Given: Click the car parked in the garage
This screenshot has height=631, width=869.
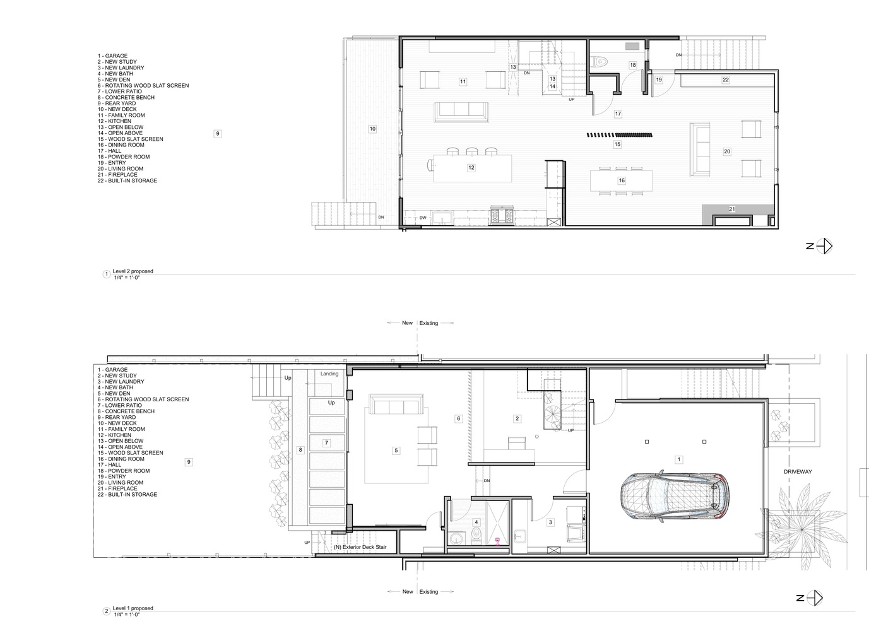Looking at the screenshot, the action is [675, 495].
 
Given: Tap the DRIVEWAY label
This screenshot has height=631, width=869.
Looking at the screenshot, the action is [798, 471].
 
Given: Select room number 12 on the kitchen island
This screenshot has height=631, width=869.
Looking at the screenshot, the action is [471, 168].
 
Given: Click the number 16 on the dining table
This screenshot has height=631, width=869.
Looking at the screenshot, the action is [622, 180].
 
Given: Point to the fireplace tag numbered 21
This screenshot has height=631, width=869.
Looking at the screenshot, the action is [731, 209].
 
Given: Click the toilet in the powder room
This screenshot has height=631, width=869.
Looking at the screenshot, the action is [600, 61].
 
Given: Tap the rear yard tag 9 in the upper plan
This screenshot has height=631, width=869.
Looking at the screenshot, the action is [218, 133].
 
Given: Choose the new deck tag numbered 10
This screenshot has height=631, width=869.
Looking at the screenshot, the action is [372, 129].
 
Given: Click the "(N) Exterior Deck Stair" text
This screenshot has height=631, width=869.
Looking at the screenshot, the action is [360, 547].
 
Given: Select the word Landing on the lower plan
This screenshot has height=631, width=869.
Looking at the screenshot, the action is [329, 374].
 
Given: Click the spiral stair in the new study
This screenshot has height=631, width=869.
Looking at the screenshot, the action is [552, 411].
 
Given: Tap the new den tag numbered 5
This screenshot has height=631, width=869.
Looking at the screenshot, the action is [396, 451].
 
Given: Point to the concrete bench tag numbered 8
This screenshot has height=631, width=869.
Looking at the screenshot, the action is [300, 450].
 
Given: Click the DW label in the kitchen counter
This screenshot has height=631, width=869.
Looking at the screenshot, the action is [422, 218].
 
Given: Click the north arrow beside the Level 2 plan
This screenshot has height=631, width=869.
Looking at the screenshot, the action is [824, 246].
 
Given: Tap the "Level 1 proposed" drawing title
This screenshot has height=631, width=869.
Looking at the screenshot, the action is [133, 608].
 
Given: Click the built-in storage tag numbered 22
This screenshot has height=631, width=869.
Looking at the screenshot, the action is [726, 80].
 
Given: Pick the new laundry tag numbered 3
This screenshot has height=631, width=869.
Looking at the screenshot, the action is [550, 522].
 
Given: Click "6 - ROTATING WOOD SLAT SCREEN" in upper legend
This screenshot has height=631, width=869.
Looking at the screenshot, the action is [143, 85].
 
